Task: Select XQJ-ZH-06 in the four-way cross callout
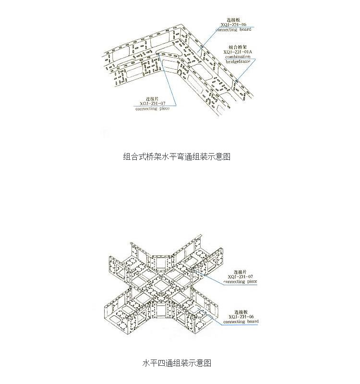coord(241,316)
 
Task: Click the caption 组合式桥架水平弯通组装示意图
coord(177,156)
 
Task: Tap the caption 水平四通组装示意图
coord(177,363)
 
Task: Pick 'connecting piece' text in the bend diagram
coord(152,108)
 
